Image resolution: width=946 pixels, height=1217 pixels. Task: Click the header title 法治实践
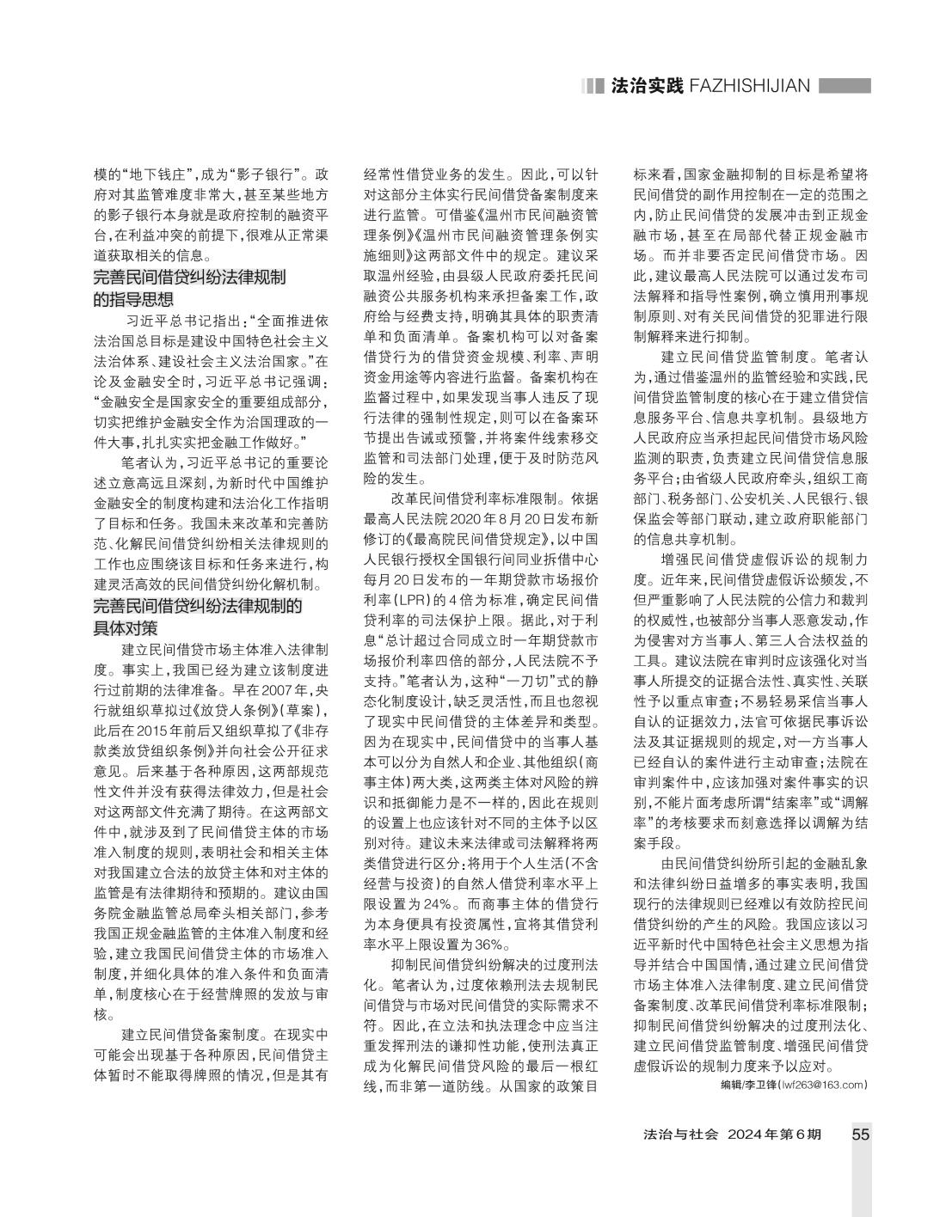tap(646, 86)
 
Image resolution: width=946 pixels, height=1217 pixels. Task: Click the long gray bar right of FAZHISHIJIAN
tap(844, 86)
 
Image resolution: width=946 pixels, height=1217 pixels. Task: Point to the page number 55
tap(860, 1134)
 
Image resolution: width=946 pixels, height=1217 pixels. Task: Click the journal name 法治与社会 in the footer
tap(679, 1134)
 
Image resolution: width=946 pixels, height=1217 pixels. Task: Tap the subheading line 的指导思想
tap(133, 299)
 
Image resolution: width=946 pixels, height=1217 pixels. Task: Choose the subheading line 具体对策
tap(126, 627)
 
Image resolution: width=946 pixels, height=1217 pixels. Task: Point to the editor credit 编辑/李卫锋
tap(748, 1085)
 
